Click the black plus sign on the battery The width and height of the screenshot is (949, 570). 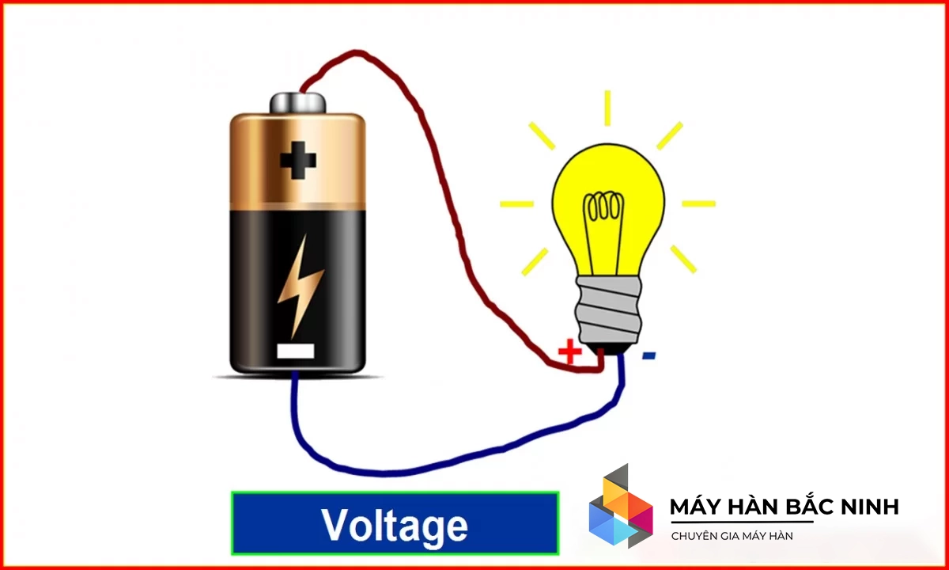pos(298,160)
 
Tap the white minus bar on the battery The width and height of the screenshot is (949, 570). pos(295,351)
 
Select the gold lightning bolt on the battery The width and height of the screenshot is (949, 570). pos(300,287)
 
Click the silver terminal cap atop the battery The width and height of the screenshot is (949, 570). pos(298,103)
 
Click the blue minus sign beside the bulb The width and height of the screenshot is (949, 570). pos(649,355)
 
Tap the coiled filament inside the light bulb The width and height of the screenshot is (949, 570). pos(603,206)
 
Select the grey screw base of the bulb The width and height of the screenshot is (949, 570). pos(608,310)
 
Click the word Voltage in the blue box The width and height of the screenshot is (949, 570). pos(395,526)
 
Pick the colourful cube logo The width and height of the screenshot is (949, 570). pos(621,506)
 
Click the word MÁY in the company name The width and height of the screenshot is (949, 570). pos(694,507)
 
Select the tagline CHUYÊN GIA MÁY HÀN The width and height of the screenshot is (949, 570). pos(732,536)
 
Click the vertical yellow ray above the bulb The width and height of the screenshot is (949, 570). pos(607,108)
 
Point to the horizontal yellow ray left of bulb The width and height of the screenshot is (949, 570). pos(516,204)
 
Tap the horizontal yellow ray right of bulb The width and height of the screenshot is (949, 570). pos(698,203)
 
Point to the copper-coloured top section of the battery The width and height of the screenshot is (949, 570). pos(298,161)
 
